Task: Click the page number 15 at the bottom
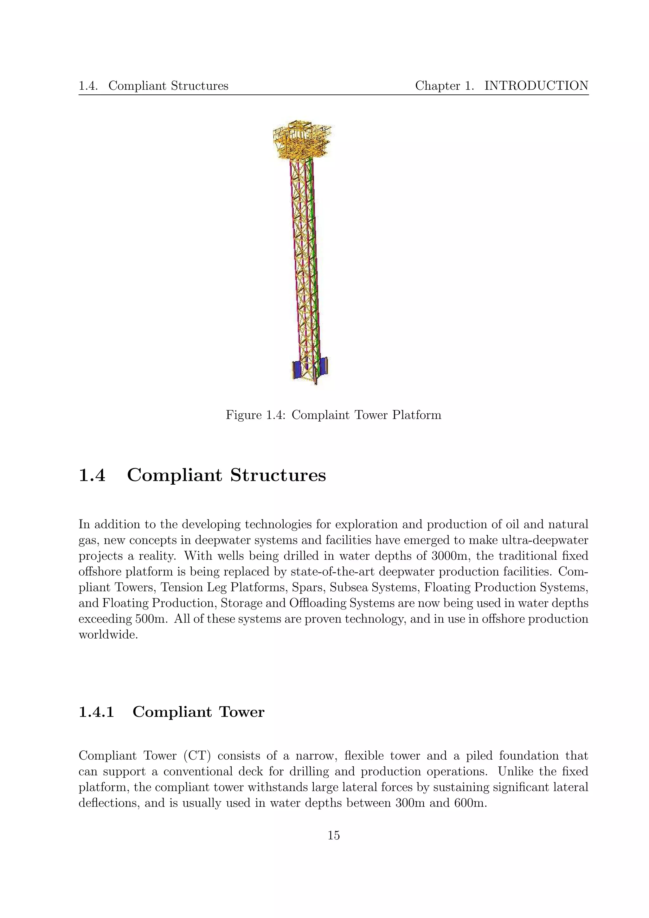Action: [x=333, y=835]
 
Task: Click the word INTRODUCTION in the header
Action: [x=536, y=86]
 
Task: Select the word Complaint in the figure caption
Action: [x=316, y=415]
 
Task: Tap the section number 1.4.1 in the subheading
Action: [x=96, y=712]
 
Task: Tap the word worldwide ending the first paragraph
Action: [x=108, y=635]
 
